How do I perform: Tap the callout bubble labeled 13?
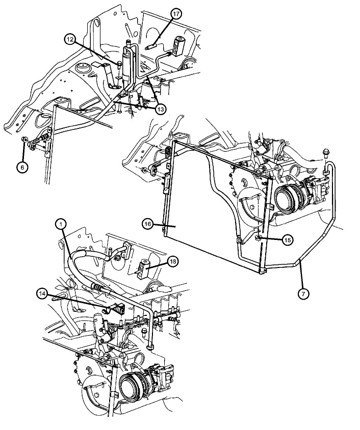[160, 110]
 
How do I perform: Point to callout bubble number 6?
[23, 167]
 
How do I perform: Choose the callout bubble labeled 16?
[148, 224]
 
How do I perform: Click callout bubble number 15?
[287, 240]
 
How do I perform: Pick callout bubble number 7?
[304, 293]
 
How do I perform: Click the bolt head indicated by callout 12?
[119, 65]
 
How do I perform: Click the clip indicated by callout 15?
[258, 237]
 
